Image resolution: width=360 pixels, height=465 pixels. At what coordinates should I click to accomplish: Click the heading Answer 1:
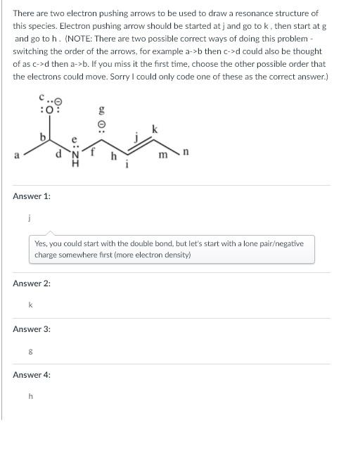pos(32,196)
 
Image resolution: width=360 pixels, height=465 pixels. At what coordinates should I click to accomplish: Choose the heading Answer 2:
pos(32,284)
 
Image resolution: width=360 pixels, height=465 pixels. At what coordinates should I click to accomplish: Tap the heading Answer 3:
pos(32,329)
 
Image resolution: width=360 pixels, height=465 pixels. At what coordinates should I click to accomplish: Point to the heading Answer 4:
pos(32,375)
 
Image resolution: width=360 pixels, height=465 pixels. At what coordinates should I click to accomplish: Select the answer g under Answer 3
pos(29,350)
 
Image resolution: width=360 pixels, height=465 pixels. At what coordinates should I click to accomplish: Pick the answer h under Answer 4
pos(30,396)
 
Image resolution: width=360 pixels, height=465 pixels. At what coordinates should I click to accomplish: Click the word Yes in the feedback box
pos(41,243)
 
